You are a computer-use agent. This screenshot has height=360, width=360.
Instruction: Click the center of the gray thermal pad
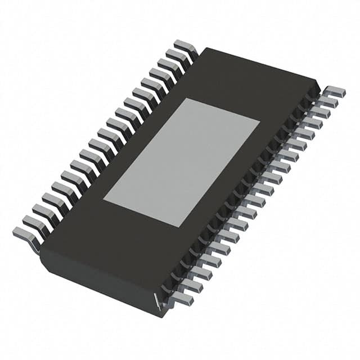coord(181,163)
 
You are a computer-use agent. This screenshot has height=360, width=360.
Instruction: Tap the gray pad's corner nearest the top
coord(186,98)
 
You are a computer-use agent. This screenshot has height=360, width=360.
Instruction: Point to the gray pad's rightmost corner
coord(259,121)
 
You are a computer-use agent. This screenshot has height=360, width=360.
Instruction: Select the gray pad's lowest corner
coord(178,227)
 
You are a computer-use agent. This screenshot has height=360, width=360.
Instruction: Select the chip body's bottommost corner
coord(163,315)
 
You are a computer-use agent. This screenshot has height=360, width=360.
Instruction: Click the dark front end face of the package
coord(101,281)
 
